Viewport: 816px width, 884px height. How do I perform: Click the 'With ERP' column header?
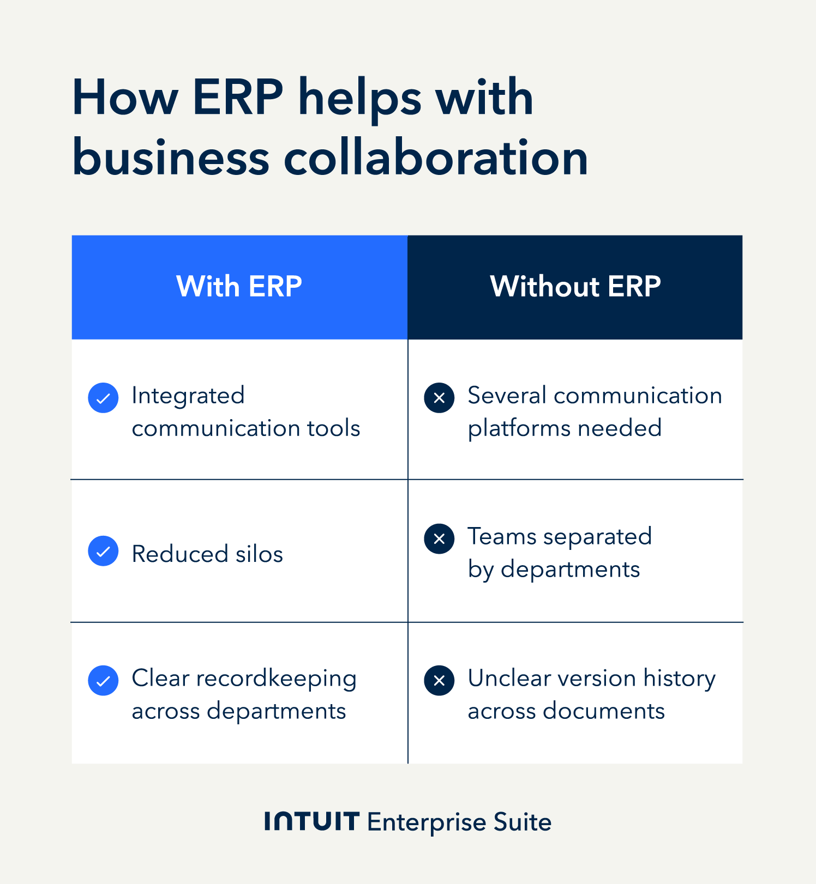pos(239,287)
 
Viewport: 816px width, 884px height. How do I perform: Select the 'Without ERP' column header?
pos(575,287)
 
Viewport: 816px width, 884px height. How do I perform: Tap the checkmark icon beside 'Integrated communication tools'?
pos(103,398)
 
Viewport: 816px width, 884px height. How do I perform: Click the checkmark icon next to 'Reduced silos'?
pos(103,551)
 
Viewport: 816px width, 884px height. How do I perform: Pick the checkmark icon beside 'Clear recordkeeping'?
pos(103,681)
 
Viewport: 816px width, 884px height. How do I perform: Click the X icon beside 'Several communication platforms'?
pos(439,398)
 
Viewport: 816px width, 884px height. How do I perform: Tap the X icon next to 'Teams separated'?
pos(439,539)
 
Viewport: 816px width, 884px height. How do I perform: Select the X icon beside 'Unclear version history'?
pos(439,681)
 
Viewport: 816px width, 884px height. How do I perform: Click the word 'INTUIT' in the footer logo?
pos(311,821)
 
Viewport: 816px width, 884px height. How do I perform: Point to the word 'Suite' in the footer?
pos(522,822)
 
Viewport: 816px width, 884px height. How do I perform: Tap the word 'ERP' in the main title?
pos(238,98)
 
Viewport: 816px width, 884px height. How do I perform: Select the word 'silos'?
pos(259,554)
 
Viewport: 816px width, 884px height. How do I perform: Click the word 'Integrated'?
pos(188,396)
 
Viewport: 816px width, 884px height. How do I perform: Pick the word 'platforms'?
pos(519,429)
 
